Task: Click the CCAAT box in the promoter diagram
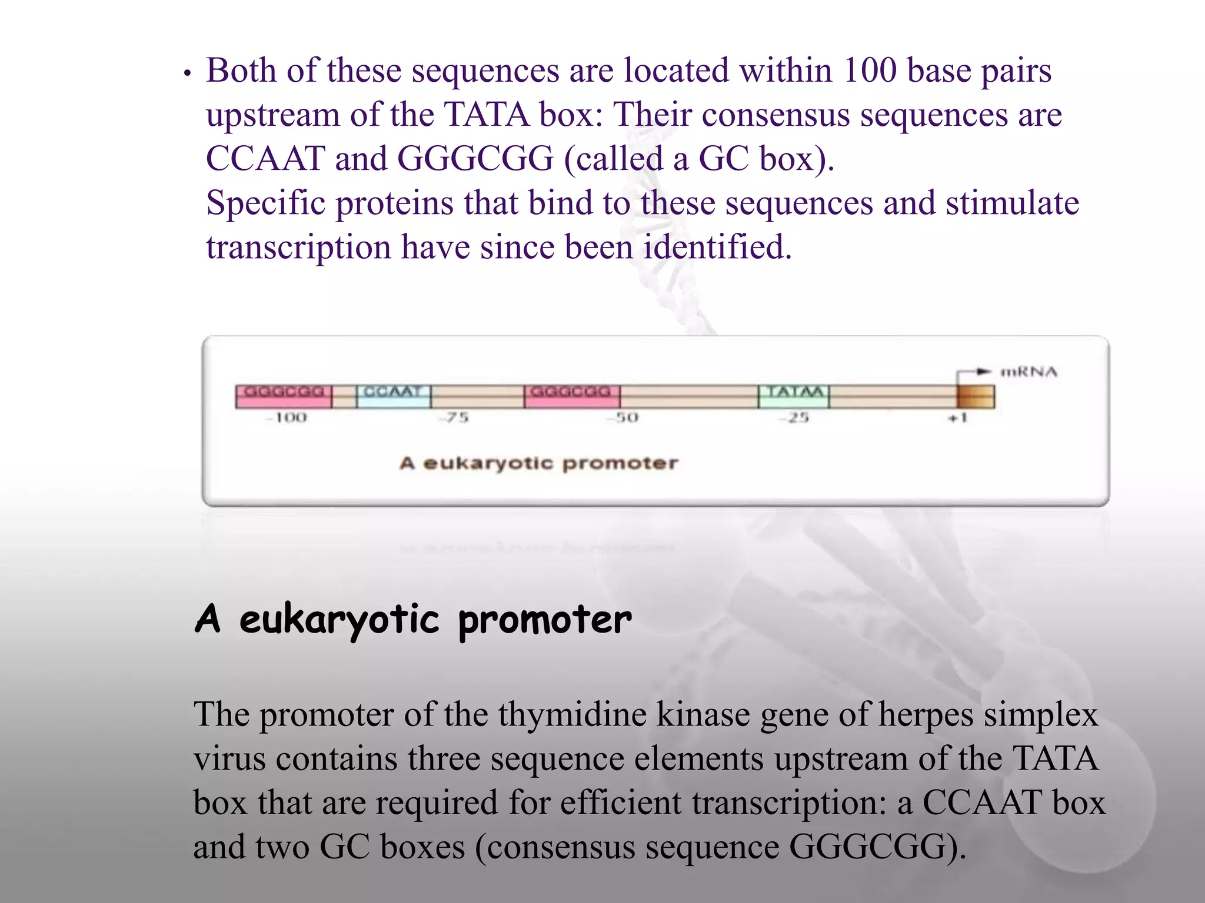[394, 396]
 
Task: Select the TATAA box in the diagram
[794, 396]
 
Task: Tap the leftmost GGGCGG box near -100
[284, 396]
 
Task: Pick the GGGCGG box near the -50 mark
[571, 396]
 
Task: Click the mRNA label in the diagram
[1029, 372]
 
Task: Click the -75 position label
[454, 418]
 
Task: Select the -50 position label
[624, 418]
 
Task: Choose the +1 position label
[957, 418]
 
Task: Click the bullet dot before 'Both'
[187, 74]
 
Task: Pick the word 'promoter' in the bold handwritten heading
[544, 620]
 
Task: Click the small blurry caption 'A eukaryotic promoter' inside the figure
[538, 463]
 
